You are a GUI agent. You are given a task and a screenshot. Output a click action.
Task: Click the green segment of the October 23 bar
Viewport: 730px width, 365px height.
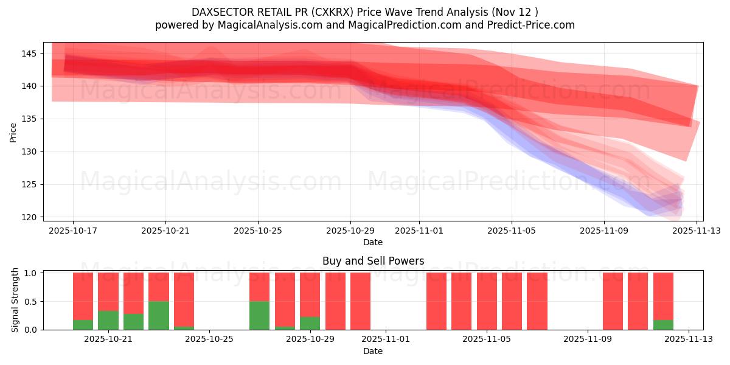coord(159,315)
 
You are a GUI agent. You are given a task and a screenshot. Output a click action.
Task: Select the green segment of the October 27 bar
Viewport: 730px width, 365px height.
coord(260,315)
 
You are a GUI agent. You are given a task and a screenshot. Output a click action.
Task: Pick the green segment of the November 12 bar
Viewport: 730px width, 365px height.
coord(663,325)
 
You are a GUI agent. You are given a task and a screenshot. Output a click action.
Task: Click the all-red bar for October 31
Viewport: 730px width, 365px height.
coord(360,301)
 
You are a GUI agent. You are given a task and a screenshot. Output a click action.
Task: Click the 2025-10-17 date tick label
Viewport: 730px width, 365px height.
coord(73,231)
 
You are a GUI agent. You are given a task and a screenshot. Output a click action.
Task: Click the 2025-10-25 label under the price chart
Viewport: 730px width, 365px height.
coord(258,231)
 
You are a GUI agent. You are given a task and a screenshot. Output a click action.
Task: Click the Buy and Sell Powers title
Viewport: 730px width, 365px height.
coord(373,261)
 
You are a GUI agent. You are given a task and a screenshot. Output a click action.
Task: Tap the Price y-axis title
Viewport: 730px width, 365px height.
coord(13,131)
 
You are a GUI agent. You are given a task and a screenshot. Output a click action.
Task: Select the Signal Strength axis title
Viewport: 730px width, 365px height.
coord(15,300)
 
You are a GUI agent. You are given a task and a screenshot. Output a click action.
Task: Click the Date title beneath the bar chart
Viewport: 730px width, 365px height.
coord(373,351)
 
